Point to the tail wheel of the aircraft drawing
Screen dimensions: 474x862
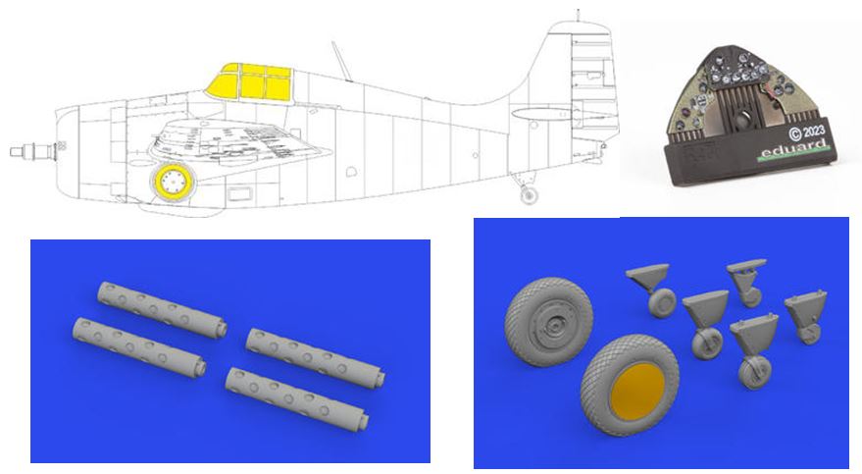tap(530, 196)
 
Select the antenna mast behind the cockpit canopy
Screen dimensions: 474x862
tap(340, 58)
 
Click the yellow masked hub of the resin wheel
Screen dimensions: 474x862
tap(632, 400)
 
